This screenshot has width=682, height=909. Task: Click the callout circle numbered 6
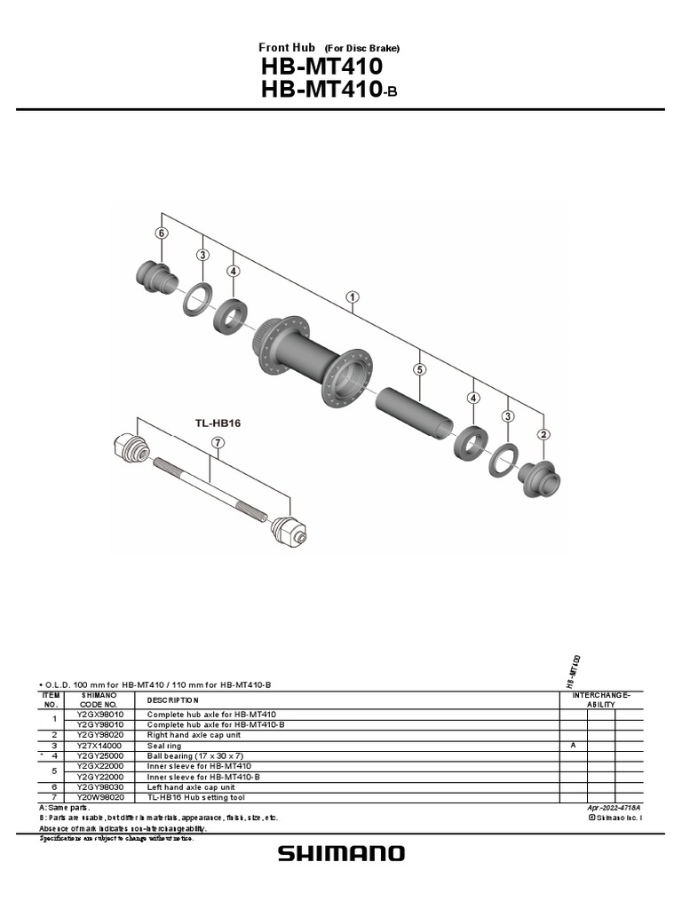(x=161, y=233)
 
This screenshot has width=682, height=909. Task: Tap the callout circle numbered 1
(x=353, y=297)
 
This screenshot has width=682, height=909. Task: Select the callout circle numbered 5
(x=419, y=368)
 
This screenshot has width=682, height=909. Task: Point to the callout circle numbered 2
(x=543, y=434)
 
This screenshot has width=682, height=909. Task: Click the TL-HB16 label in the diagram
(x=218, y=423)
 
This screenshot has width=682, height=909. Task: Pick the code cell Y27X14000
(x=99, y=746)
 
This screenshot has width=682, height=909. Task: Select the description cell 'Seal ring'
(x=164, y=746)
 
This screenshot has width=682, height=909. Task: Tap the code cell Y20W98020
(x=99, y=797)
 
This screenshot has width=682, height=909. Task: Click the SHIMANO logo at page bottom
(x=341, y=853)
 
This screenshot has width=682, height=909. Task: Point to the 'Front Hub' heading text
(x=287, y=47)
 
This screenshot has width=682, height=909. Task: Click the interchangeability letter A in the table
(x=573, y=746)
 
